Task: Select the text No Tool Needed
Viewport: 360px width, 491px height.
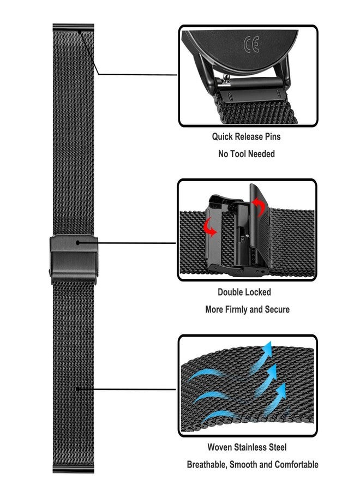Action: [247, 154]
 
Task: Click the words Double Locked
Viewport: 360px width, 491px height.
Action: [244, 292]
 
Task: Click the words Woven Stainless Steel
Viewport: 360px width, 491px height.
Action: [247, 447]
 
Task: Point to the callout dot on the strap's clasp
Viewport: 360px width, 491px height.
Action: [79, 242]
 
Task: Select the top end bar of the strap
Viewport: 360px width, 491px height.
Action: [74, 27]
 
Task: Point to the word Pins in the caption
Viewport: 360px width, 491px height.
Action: [271, 136]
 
